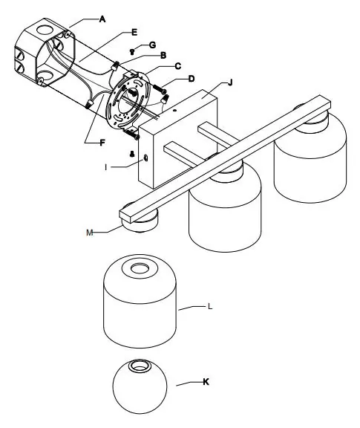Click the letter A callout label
102,19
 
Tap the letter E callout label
134,33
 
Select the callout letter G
153,45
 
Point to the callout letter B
163,56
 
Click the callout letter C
178,66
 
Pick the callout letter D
192,79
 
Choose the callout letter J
230,82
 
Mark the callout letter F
102,143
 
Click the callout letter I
106,167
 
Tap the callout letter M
90,233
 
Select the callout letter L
210,306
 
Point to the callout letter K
206,382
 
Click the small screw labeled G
132,51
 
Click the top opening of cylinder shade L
140,268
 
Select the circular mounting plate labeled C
129,100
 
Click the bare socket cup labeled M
139,221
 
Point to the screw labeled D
160,89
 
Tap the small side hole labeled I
145,158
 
